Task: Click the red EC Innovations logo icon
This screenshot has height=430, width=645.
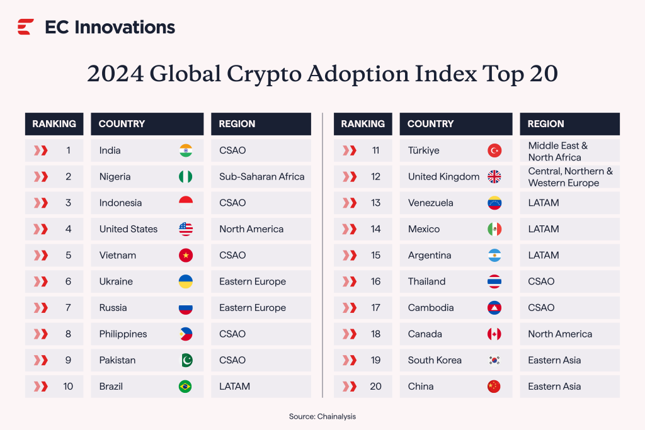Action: pos(26,27)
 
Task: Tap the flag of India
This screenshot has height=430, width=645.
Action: pos(185,150)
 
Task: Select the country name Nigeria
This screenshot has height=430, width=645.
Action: pos(115,177)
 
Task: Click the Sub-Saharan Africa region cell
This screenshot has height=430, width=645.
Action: pos(261,177)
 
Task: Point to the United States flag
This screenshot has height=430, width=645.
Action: pos(185,229)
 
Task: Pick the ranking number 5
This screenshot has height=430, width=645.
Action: pos(68,256)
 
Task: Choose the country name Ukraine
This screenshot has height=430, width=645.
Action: pos(116,281)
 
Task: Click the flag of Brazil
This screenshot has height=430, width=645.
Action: pos(185,387)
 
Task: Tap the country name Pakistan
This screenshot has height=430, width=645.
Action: pos(117,360)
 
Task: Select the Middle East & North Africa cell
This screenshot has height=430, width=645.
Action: pos(558,151)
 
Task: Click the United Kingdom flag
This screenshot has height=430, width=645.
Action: pos(494,177)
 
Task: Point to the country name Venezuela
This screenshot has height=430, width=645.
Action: pos(430,203)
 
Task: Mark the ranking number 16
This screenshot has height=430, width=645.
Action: pos(376,281)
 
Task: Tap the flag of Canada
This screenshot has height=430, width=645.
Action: pos(494,334)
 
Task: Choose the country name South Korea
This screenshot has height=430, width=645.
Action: pos(435,360)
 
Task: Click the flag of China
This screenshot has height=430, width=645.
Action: pos(494,387)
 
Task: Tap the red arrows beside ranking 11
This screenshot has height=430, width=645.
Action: pos(349,150)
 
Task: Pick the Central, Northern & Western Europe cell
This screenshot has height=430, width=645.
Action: pos(570,177)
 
